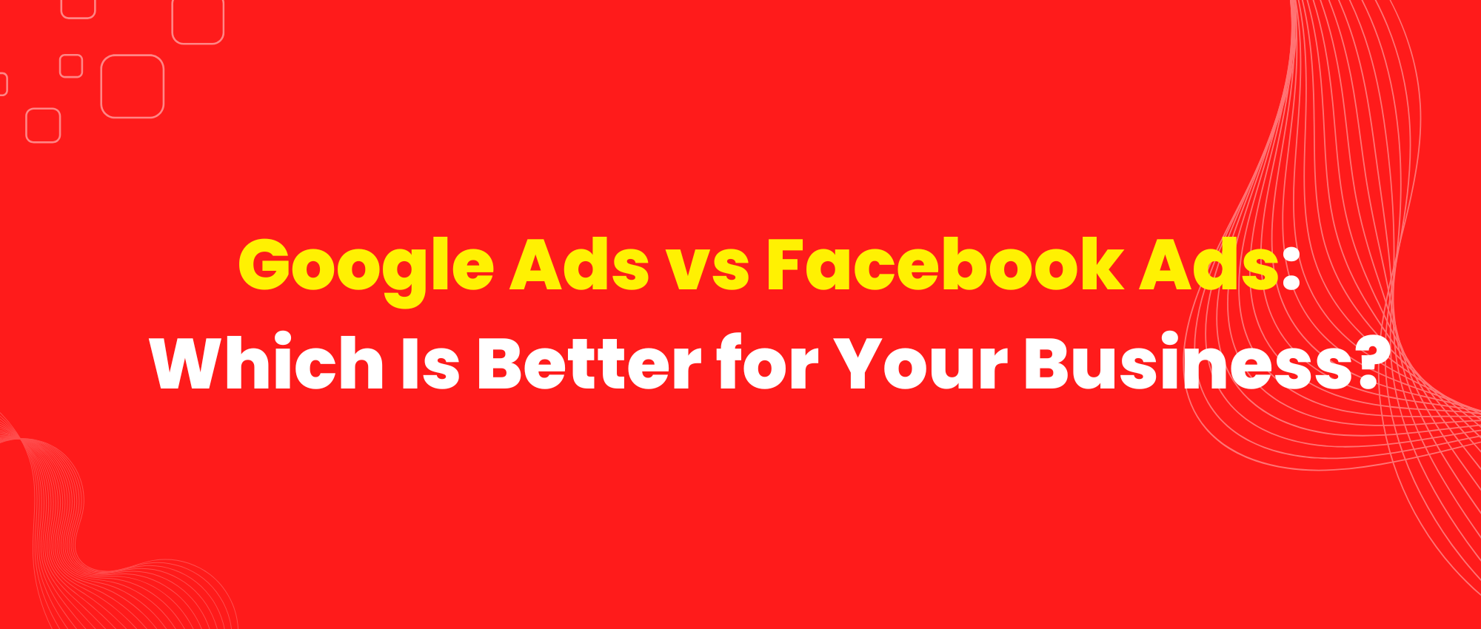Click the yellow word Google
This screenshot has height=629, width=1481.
pyautogui.click(x=366, y=269)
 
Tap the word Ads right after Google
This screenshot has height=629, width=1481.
pyautogui.click(x=580, y=264)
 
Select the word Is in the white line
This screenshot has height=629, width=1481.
pyautogui.click(x=431, y=363)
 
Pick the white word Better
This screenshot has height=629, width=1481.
pyautogui.click(x=589, y=363)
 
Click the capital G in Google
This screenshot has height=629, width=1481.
pyautogui.click(x=267, y=264)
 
